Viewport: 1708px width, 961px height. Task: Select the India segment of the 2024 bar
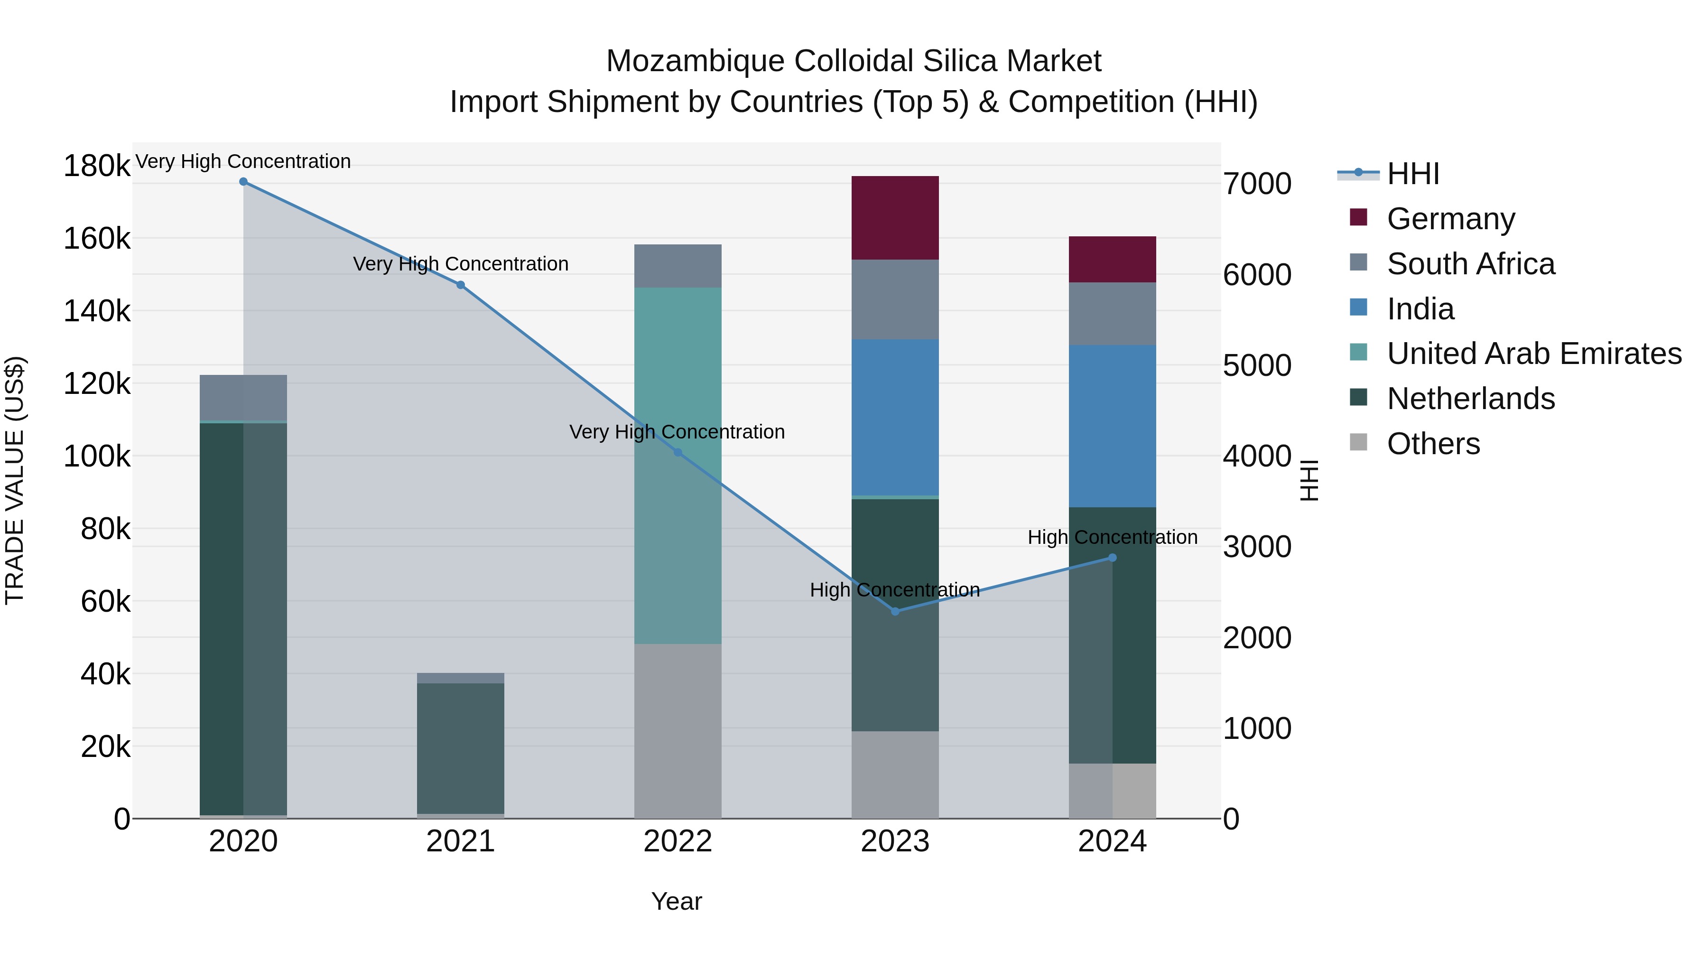[1112, 426]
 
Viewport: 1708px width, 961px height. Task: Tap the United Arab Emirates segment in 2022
[677, 464]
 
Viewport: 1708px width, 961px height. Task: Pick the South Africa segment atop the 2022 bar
[677, 265]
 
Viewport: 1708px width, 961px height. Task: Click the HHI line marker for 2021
[460, 285]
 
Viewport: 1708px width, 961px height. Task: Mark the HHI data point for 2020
[243, 182]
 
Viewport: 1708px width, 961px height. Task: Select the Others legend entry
[1433, 444]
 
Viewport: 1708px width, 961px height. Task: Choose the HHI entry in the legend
[1412, 174]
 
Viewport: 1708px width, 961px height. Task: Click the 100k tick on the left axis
[97, 456]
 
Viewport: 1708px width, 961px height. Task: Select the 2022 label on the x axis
[677, 841]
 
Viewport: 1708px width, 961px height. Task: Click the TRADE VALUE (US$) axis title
[15, 480]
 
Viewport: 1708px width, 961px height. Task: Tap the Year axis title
[676, 901]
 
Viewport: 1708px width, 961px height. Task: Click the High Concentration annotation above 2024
[1112, 537]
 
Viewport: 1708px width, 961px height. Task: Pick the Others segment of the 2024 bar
[1112, 791]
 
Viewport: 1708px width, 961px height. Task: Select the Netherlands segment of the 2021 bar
[460, 748]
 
